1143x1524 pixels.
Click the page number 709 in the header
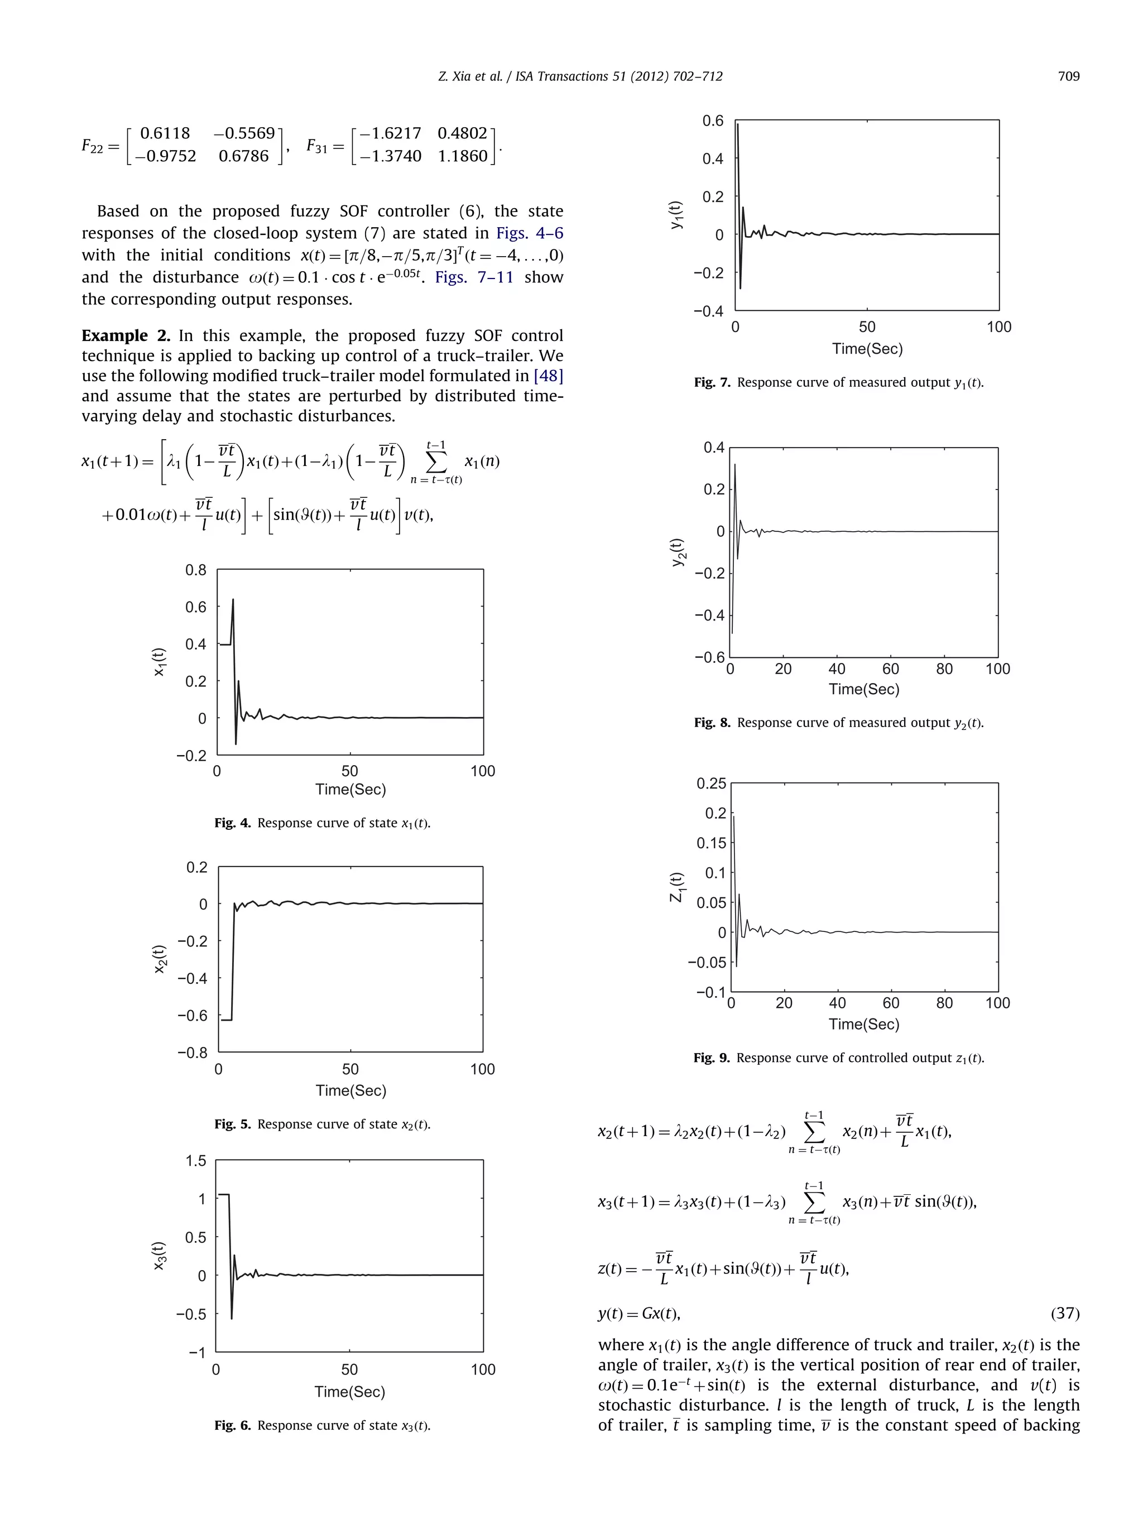(1068, 76)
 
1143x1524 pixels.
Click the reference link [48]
(549, 376)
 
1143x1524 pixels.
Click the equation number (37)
(1064, 1313)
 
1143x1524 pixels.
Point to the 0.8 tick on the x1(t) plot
(196, 570)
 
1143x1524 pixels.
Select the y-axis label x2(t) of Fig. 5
(160, 959)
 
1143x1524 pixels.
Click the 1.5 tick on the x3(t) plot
(196, 1161)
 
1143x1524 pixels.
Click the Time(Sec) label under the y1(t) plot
(867, 349)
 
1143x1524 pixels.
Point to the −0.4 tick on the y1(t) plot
(708, 311)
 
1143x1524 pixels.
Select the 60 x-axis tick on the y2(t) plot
(890, 669)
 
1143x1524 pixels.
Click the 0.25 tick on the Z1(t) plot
(711, 783)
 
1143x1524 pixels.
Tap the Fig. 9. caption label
(711, 1057)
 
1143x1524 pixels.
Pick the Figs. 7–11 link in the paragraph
(474, 278)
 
